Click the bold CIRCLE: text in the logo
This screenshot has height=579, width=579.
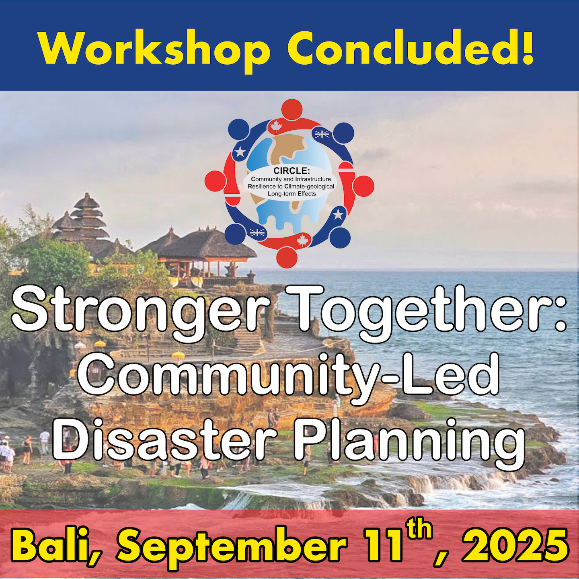coord(291,170)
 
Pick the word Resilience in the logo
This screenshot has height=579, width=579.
coord(261,186)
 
